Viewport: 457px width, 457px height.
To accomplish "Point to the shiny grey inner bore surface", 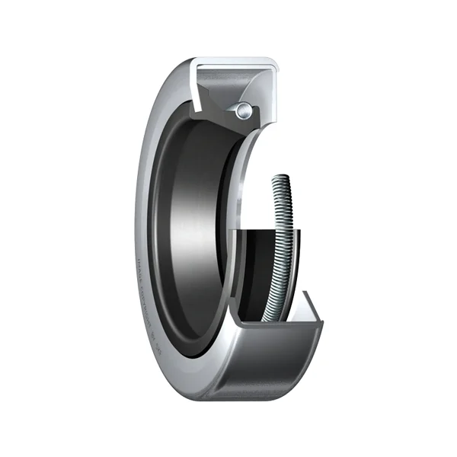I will click(190, 228).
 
